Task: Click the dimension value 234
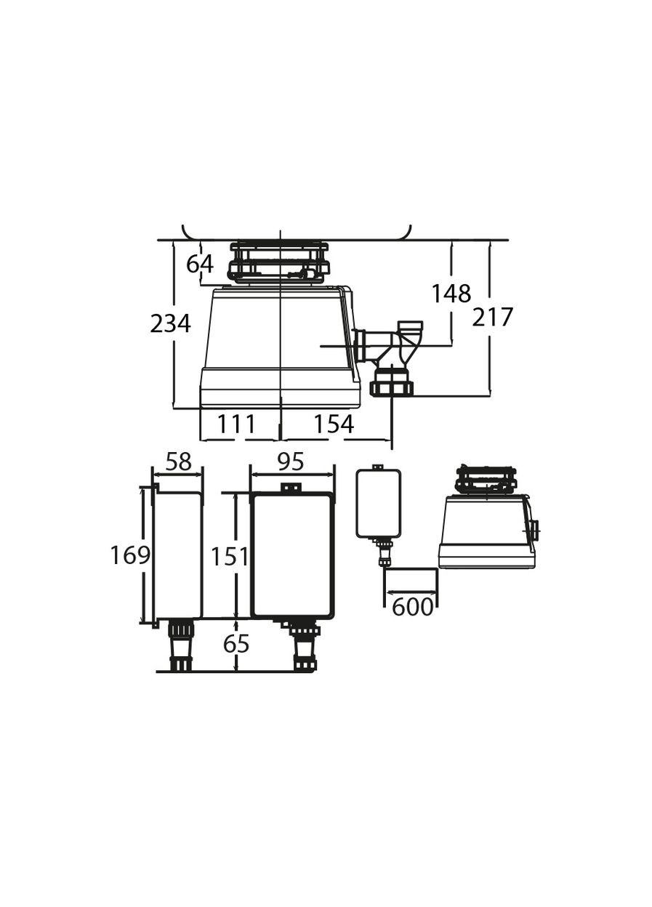[x=170, y=324]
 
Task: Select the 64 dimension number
[x=199, y=265]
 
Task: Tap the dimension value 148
[x=451, y=293]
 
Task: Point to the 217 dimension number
[x=492, y=317]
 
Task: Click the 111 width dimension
[x=237, y=424]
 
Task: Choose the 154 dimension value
[x=334, y=424]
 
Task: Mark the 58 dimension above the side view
[x=178, y=461]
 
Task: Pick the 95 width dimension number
[x=291, y=461]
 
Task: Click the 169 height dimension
[x=130, y=555]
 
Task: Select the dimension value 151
[x=229, y=557]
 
